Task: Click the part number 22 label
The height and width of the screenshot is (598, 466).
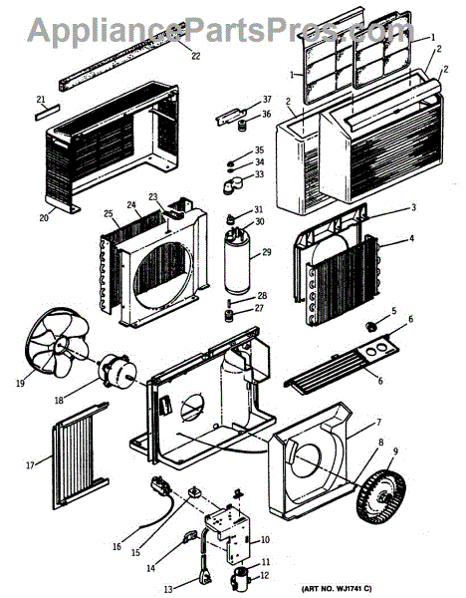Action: [195, 56]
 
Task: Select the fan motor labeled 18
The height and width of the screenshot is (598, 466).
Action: [116, 369]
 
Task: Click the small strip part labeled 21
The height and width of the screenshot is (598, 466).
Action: [48, 112]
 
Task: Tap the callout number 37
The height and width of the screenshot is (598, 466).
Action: [267, 99]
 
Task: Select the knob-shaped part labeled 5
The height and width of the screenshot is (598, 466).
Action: [370, 326]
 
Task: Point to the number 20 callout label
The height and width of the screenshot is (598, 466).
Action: [44, 217]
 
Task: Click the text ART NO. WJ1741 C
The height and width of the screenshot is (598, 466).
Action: [337, 589]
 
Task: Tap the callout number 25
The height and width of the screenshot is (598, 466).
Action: [109, 213]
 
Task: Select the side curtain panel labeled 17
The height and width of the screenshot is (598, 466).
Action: [80, 455]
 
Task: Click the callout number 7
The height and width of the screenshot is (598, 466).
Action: [378, 422]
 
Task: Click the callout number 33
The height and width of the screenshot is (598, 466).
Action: [259, 174]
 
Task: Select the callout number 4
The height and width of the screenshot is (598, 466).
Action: [411, 238]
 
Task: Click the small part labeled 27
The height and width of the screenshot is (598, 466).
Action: [229, 316]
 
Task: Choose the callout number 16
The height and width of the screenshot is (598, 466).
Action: [116, 546]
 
